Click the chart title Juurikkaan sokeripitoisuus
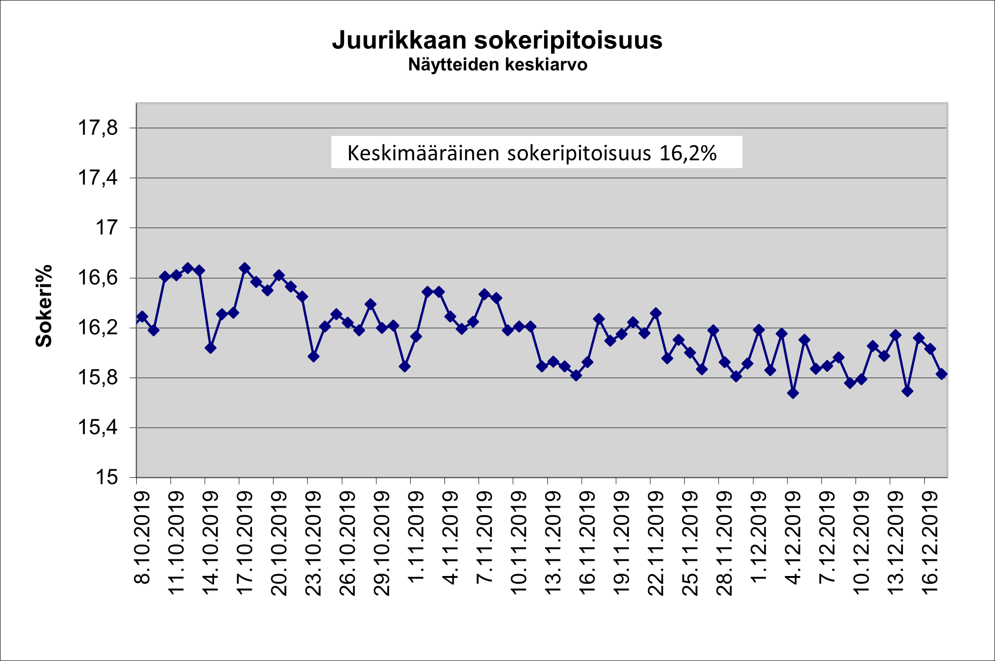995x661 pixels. point(497,40)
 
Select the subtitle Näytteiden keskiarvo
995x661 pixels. point(497,65)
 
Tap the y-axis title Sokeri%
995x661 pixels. point(44,306)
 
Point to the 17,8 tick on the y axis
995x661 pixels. point(98,128)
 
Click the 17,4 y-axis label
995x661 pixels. point(98,178)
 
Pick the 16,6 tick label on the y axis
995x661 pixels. point(98,278)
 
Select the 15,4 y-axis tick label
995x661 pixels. point(98,428)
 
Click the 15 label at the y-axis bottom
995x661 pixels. point(106,477)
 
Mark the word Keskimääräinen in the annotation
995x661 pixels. point(423,153)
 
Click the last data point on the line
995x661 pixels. point(942,374)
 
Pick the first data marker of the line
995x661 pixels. point(142,317)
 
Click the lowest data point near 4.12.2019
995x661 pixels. point(793,393)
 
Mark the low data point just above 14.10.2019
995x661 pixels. point(210,348)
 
